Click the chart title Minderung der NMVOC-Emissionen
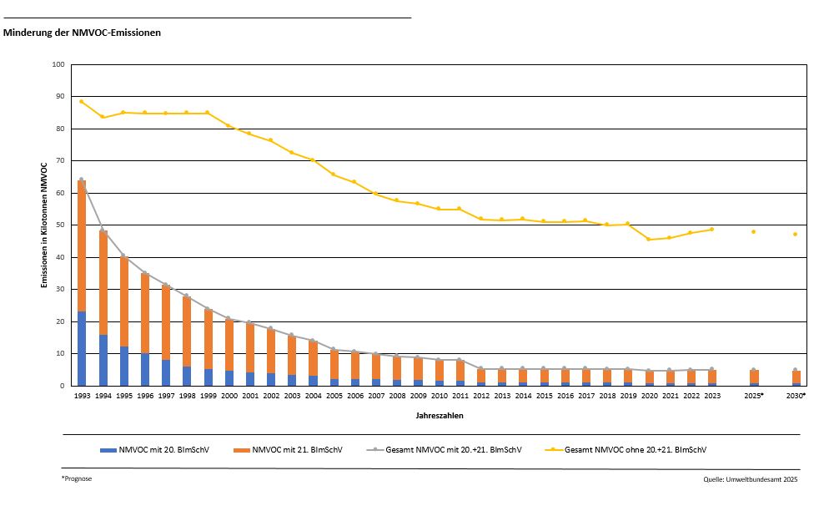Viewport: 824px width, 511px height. [x=83, y=33]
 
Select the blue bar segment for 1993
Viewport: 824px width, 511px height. [x=82, y=348]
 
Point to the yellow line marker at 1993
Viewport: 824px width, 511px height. [x=82, y=102]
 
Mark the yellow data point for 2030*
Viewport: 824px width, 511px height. [x=796, y=234]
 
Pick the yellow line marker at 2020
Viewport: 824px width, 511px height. [x=649, y=240]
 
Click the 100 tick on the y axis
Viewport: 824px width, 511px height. [x=58, y=64]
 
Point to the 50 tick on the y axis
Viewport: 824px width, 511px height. [x=60, y=225]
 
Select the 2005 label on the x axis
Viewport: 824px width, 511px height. [x=334, y=396]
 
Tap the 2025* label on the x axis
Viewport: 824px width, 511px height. [x=753, y=396]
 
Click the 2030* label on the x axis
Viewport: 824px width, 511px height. [x=796, y=396]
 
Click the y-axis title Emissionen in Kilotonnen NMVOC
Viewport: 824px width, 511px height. [x=44, y=225]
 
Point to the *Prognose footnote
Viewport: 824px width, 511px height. [x=77, y=479]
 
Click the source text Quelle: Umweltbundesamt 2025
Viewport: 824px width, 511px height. [x=751, y=480]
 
